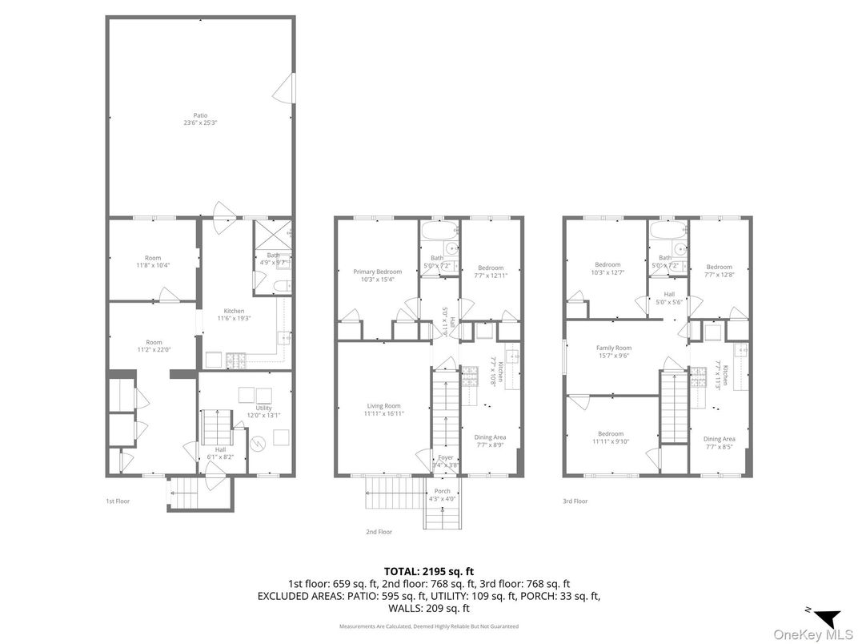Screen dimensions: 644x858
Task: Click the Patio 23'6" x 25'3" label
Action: tap(200, 119)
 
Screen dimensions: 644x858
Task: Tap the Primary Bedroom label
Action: tap(377, 276)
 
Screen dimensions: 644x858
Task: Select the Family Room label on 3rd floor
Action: tap(613, 352)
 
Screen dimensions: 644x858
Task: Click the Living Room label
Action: tap(383, 410)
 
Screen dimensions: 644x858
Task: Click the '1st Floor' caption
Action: tap(118, 501)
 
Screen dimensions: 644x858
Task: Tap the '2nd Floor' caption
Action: tap(379, 531)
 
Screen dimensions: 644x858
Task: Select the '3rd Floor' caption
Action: tap(575, 501)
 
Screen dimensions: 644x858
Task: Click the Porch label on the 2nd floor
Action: tap(442, 495)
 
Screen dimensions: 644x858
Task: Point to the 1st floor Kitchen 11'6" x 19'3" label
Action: tap(234, 315)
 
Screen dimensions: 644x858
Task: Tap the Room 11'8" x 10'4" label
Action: tap(153, 261)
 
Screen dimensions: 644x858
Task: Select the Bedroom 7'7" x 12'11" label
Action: tap(491, 272)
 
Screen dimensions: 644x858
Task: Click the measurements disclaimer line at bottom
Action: tap(428, 626)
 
